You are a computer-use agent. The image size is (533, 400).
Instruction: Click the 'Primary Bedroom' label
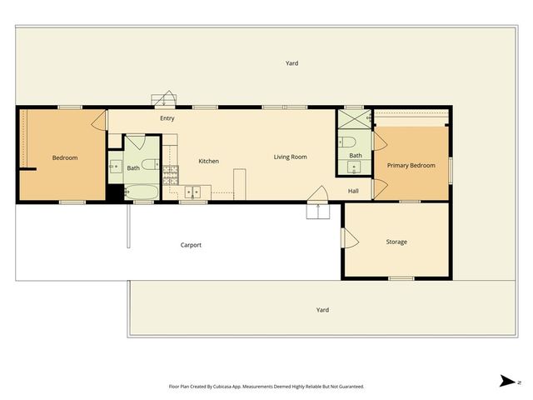coord(411,166)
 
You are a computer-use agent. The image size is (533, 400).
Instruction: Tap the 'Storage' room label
coord(396,242)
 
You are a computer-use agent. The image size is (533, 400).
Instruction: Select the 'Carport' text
coord(192,245)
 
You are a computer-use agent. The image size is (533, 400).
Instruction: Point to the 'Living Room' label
coord(291,157)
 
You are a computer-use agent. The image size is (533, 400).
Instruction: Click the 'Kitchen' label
coord(208,161)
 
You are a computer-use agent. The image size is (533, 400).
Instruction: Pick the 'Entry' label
coord(167,118)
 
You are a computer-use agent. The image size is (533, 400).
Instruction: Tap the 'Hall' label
coord(353,191)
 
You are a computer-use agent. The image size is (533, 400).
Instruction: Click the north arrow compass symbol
coord(506,381)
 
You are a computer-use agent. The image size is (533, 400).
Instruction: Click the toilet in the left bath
coord(148,163)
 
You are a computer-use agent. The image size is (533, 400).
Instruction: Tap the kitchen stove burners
coord(171,172)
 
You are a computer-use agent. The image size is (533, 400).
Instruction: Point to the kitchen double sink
coord(195,192)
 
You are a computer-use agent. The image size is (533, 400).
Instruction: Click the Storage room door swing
coord(350,239)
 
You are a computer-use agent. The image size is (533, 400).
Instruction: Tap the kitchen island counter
coord(240,182)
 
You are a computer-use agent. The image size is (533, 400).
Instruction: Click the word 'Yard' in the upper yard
coord(291,63)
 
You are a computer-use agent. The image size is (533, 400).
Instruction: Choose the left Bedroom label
coord(65,158)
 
